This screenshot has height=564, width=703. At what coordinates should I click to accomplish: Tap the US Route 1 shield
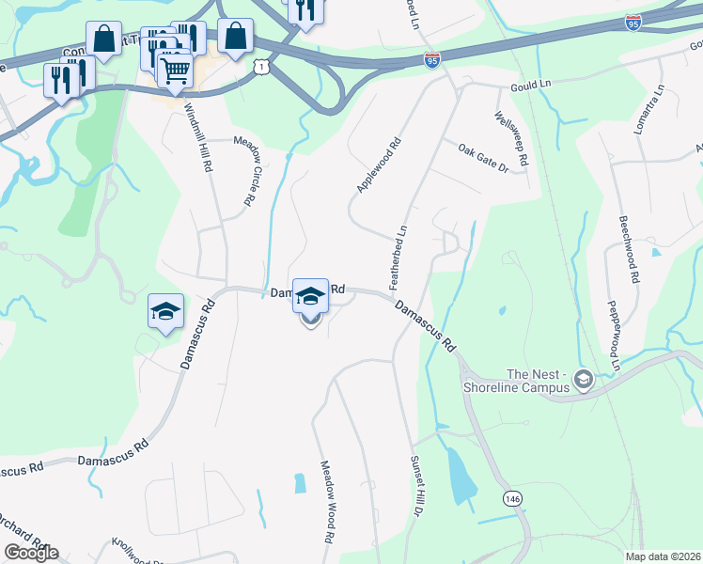tap(260, 65)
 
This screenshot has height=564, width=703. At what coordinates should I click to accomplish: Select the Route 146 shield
tap(511, 498)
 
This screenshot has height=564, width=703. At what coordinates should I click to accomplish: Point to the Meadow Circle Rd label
tap(246, 171)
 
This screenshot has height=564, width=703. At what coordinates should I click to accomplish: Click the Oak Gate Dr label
tap(483, 158)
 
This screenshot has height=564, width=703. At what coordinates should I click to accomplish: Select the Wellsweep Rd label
tap(510, 139)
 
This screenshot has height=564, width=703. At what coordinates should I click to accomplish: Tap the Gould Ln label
tap(530, 85)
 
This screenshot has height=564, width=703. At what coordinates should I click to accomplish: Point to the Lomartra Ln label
tap(649, 109)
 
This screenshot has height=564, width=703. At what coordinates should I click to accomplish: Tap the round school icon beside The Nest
tap(584, 380)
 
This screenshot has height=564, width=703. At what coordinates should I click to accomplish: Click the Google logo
tap(31, 553)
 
